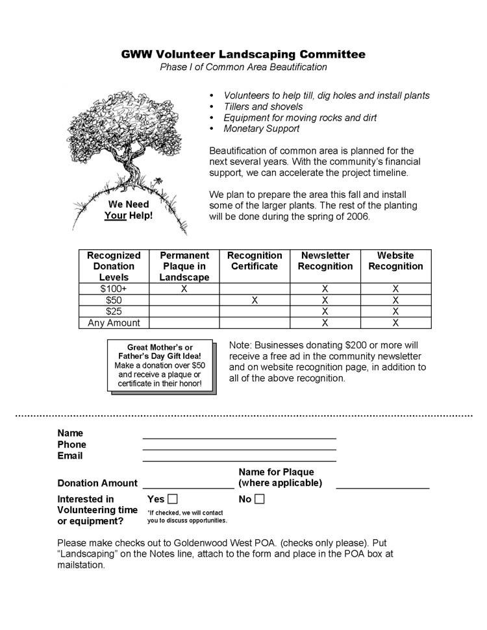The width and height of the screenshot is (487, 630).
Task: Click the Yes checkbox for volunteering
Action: pyautogui.click(x=172, y=499)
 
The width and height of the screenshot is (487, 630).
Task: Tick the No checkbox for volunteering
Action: pyautogui.click(x=260, y=499)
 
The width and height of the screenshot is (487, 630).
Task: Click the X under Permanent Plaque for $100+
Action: pyautogui.click(x=184, y=289)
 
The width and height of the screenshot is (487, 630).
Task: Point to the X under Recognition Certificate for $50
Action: pyautogui.click(x=255, y=300)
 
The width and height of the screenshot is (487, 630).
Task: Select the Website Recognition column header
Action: pyautogui.click(x=395, y=261)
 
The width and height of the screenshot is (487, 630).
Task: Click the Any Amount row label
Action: pyautogui.click(x=114, y=322)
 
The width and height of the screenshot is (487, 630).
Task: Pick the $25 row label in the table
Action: pyautogui.click(x=114, y=311)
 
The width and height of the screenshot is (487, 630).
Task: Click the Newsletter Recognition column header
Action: pyautogui.click(x=325, y=261)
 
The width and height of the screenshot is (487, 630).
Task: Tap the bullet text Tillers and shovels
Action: pyautogui.click(x=263, y=106)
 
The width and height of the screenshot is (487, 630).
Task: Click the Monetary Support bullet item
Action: pyautogui.click(x=261, y=128)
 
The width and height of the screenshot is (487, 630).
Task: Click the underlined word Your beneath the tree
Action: pyautogui.click(x=115, y=215)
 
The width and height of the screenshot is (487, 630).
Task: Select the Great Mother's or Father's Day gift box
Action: pyautogui.click(x=160, y=366)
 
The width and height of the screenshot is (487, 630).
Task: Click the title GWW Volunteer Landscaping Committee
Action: pyautogui.click(x=243, y=55)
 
